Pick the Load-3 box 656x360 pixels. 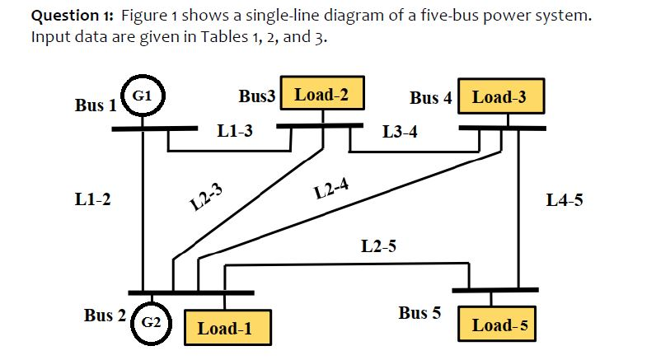click(499, 97)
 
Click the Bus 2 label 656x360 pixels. click(105, 316)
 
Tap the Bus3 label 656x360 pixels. click(256, 96)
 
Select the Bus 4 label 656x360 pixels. click(430, 98)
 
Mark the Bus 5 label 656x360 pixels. click(419, 313)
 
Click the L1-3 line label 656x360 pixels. click(235, 130)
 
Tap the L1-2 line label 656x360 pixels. click(92, 199)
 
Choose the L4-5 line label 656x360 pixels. click(565, 199)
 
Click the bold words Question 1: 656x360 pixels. click(77, 17)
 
